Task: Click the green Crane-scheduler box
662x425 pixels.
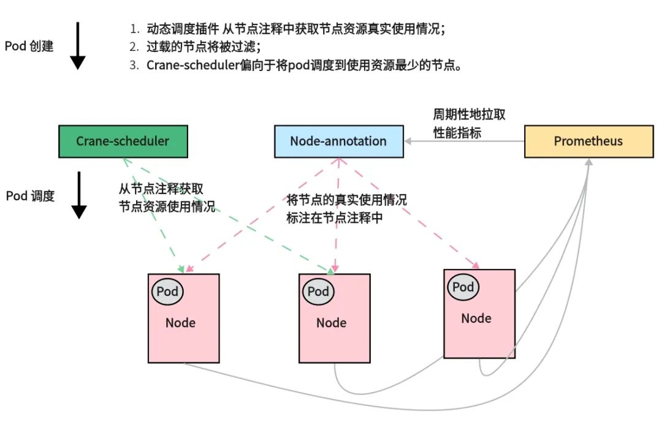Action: point(123,141)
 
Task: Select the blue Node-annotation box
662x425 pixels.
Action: point(338,141)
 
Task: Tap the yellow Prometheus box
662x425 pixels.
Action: point(588,141)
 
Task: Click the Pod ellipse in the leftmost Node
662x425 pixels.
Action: point(167,291)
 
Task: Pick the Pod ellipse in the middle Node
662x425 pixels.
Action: point(318,291)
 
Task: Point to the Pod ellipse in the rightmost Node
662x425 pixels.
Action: point(463,287)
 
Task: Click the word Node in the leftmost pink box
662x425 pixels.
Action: point(180,323)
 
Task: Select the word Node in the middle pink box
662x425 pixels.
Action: point(331,323)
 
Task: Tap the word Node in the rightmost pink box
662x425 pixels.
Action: point(476,318)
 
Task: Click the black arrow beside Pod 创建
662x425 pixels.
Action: point(77,46)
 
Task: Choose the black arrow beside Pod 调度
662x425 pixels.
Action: point(78,195)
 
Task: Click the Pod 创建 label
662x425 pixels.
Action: point(29,47)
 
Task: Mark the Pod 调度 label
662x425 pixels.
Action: point(30,196)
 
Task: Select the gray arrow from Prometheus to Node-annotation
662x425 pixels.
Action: point(464,141)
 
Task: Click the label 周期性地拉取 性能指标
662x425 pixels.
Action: point(470,124)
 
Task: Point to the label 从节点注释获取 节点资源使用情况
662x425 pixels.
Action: point(167,198)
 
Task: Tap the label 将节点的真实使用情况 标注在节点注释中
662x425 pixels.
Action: point(346,209)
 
